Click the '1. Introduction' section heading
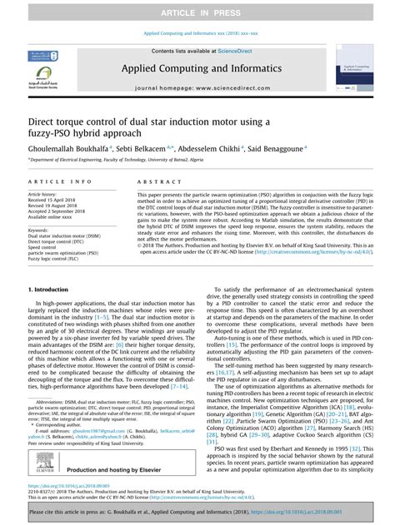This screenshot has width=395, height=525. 48,290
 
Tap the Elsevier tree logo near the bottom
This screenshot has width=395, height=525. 45,471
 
